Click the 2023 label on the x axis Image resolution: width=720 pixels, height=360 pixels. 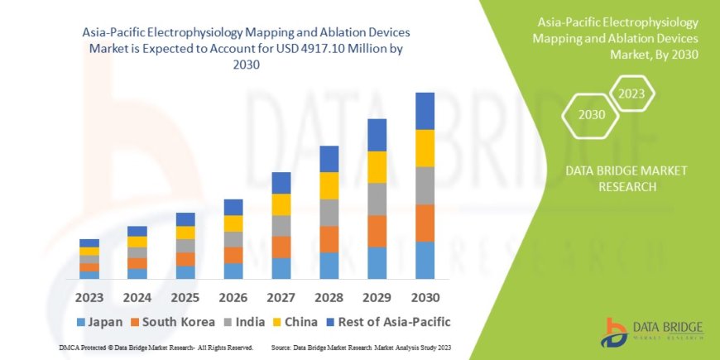coord(89,296)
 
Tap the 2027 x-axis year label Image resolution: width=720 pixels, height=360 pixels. coord(281,296)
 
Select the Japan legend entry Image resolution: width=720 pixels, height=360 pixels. coord(100,321)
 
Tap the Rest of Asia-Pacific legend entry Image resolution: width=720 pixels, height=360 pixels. coord(396,321)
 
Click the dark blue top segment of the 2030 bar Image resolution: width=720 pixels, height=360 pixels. coord(425,111)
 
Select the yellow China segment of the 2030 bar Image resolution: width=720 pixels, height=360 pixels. coord(425,148)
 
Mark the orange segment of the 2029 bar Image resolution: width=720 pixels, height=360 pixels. coord(377,231)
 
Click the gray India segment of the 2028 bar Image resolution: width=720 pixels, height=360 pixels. coord(329,212)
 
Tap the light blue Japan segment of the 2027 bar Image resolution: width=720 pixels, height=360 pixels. coord(281,268)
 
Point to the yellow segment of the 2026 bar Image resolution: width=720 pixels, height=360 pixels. coord(233,223)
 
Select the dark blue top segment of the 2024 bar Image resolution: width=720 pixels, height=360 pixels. coord(137,231)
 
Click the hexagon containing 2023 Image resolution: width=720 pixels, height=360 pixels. coord(631,94)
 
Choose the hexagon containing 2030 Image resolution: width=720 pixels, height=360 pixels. coord(592,114)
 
